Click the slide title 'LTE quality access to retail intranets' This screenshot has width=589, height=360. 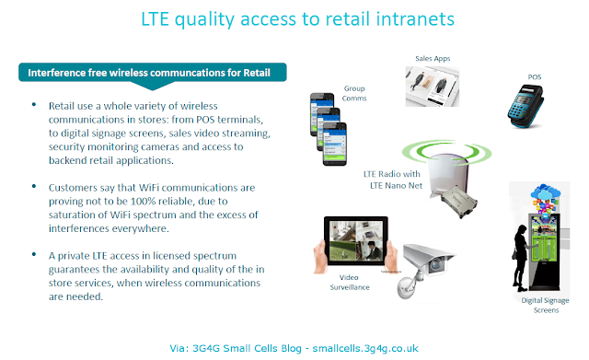297,19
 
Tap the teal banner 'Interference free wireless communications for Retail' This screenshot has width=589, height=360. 153,73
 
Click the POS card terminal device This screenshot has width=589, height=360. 525,107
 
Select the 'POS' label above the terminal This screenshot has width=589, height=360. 534,77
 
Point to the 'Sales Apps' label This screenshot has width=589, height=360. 433,59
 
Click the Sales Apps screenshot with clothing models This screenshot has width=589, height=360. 432,87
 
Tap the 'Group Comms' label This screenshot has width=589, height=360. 353,93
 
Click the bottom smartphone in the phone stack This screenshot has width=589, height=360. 335,144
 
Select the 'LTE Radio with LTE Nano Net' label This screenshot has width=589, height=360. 393,180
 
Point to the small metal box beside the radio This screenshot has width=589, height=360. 458,201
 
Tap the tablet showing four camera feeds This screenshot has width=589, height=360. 356,241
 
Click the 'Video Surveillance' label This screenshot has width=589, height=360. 350,283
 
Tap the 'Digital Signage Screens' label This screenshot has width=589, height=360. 546,305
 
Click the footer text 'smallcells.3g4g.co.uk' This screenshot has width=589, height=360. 365,348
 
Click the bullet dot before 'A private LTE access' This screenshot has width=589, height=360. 34,254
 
